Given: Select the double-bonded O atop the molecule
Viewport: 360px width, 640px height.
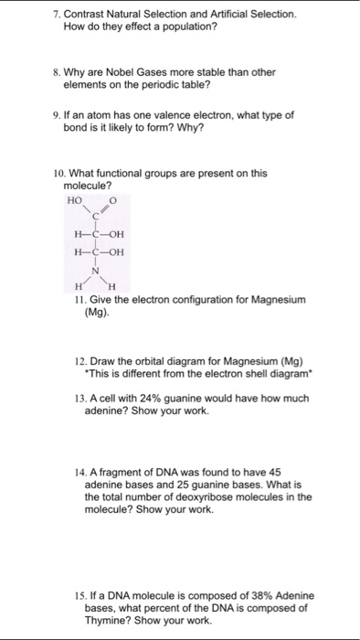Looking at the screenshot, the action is (x=113, y=197).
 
